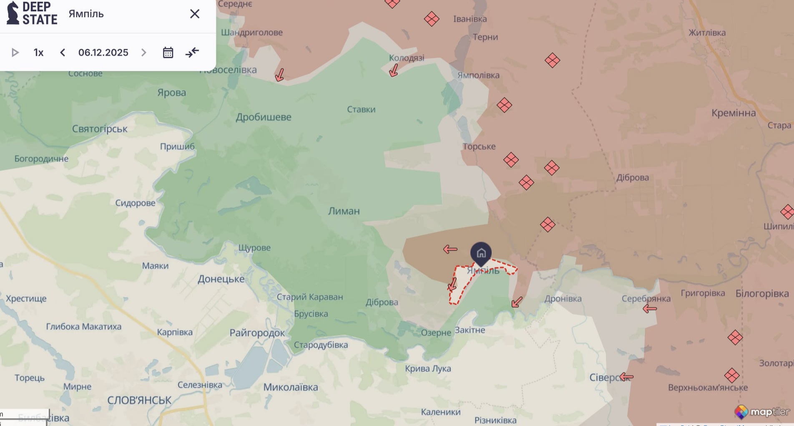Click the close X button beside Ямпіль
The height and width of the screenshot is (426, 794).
(195, 14)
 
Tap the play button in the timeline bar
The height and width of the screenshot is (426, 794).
(15, 53)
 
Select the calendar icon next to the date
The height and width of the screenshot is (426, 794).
(168, 53)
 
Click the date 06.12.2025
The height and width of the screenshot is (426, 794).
(103, 53)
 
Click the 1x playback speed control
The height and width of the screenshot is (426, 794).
(38, 53)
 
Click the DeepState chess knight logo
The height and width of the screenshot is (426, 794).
(13, 13)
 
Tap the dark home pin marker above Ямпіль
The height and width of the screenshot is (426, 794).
(481, 253)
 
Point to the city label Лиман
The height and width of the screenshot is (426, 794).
(344, 211)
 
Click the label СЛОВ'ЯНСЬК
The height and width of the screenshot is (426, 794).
(139, 401)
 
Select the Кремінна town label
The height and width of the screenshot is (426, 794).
(734, 113)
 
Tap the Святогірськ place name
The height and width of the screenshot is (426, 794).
(100, 129)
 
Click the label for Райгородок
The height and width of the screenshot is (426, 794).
(257, 333)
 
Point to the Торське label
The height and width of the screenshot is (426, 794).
(479, 146)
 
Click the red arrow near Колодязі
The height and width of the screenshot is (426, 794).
(393, 71)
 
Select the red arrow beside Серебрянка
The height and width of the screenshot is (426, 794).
(649, 309)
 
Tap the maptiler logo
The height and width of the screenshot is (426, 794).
(762, 412)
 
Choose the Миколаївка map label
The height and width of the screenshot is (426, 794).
(291, 387)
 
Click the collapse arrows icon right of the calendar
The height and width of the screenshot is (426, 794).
(192, 53)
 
